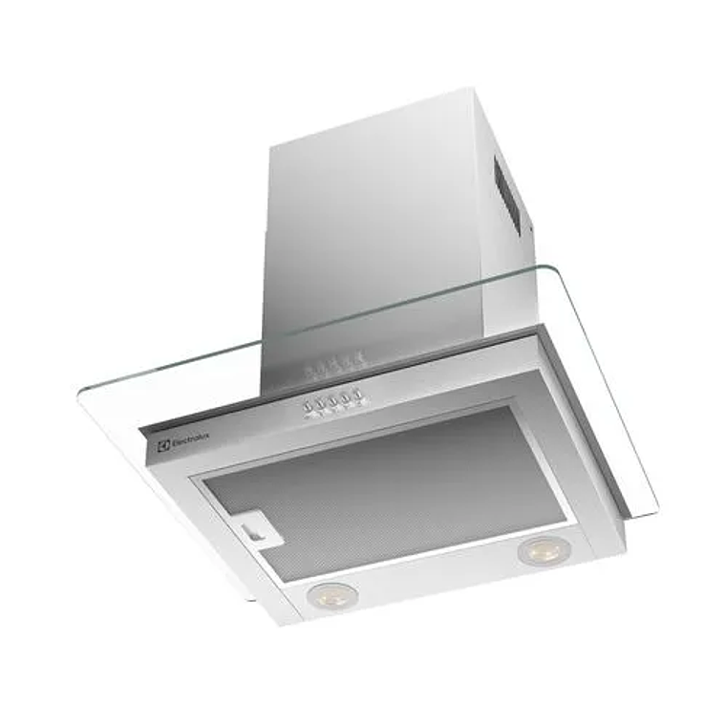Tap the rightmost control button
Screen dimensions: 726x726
click(355, 395)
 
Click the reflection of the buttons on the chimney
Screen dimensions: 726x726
click(332, 366)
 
